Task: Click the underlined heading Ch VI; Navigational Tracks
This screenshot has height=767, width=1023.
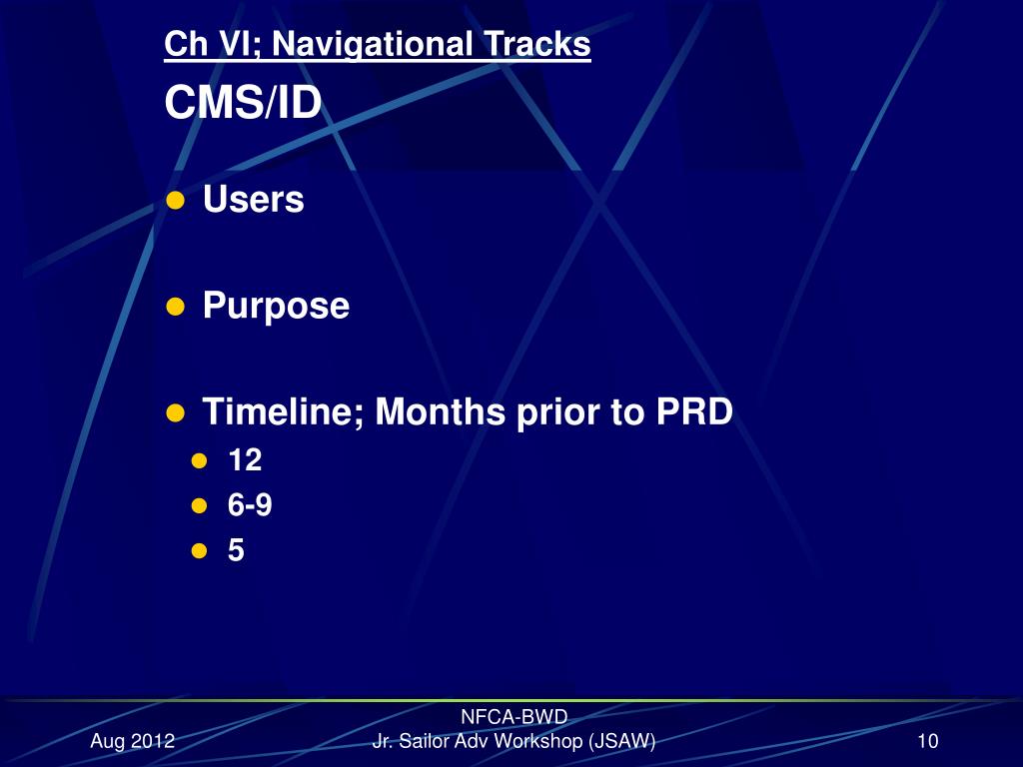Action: [x=377, y=45]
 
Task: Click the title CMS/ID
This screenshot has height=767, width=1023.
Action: [x=243, y=103]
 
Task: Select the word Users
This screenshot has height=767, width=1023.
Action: [x=253, y=200]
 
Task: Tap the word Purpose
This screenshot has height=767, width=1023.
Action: [x=276, y=306]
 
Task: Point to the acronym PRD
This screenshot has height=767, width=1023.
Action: [x=693, y=411]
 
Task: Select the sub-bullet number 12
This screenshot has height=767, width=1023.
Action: [x=245, y=460]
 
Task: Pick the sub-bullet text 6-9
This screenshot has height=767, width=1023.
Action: [x=250, y=505]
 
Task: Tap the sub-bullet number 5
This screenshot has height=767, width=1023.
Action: [x=236, y=550]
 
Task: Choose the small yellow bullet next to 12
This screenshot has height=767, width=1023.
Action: [x=199, y=461]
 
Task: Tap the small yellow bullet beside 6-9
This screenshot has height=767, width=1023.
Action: [x=199, y=506]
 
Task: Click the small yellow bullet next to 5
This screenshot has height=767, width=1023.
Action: [x=199, y=551]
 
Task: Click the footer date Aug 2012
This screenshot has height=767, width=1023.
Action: [x=132, y=741]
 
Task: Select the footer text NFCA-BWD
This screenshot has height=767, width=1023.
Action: [x=513, y=716]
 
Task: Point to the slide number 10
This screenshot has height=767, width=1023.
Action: [x=927, y=741]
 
